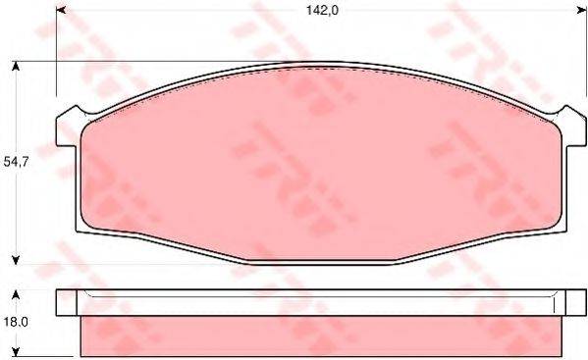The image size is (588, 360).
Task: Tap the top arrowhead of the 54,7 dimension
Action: tap(16, 67)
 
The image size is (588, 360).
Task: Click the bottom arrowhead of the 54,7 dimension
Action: tap(16, 260)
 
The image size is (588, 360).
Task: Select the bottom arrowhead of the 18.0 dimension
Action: tap(16, 349)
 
